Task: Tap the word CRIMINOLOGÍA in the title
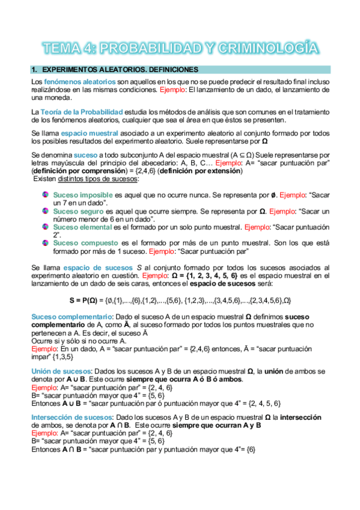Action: pos(267,48)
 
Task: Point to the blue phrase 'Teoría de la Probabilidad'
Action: pos(82,112)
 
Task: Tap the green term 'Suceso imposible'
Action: pos(82,195)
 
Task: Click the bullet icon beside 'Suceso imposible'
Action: pos(45,195)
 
